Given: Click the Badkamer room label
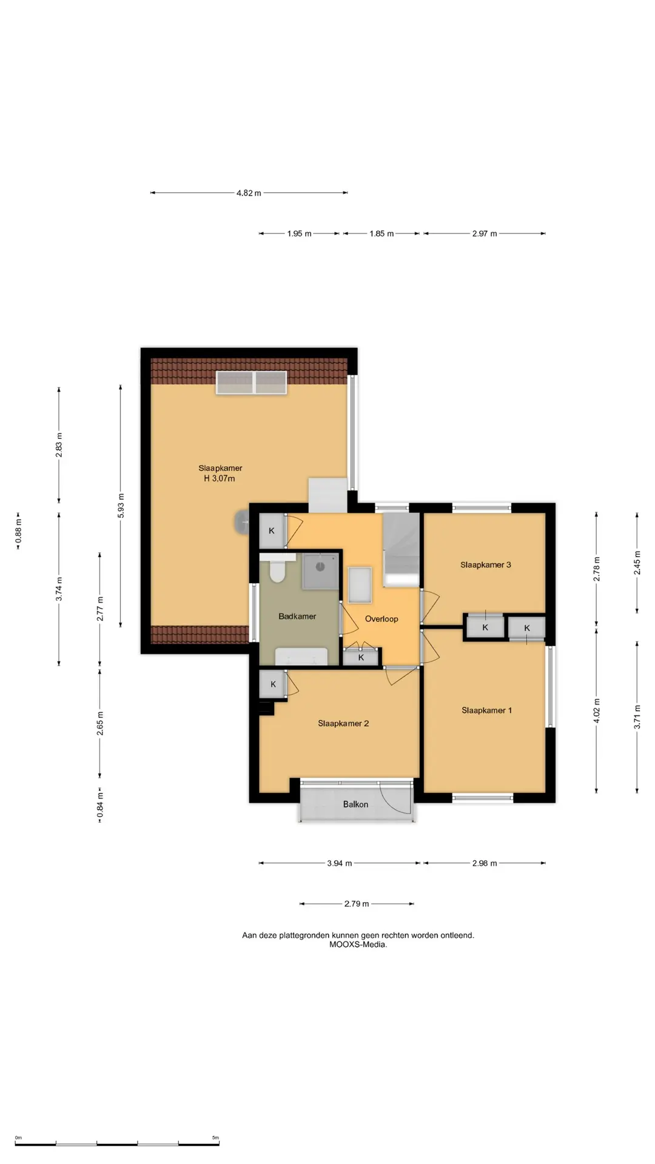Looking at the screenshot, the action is click(x=297, y=617).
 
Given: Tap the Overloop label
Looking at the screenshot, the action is click(x=381, y=619).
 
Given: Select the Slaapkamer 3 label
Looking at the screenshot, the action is click(x=485, y=564).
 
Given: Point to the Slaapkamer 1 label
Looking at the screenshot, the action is click(x=486, y=711).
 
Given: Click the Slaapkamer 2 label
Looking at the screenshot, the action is click(x=343, y=723).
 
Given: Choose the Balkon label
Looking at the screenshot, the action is click(x=355, y=804).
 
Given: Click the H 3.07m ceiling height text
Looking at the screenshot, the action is click(x=220, y=478).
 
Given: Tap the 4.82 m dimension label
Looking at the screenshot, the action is click(x=249, y=193).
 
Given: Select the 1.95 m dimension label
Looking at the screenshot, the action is click(x=299, y=233).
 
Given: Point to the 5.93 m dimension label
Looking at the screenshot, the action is click(x=121, y=506).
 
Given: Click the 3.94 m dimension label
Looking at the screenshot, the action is click(x=340, y=863).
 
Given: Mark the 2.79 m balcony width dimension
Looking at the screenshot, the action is click(x=357, y=904).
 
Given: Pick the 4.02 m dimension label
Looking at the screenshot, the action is click(x=597, y=711).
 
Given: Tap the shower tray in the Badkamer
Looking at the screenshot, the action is click(x=321, y=571).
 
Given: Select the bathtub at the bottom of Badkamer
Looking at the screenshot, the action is click(x=301, y=657).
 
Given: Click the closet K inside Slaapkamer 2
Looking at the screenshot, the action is click(x=273, y=684).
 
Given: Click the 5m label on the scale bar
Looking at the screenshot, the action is click(x=215, y=1137).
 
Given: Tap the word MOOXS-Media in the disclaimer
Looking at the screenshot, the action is click(x=358, y=945).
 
